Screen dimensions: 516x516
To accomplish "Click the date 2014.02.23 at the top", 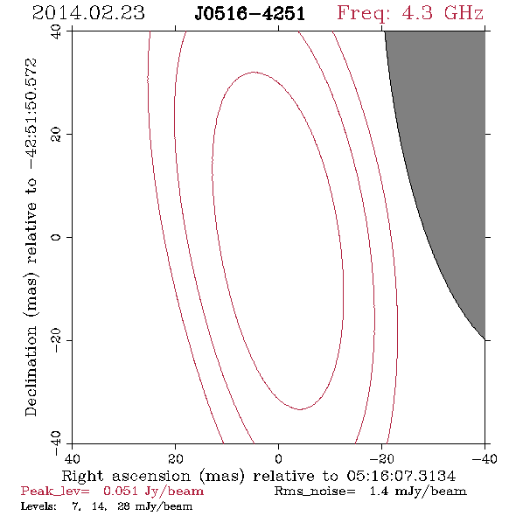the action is point(88,13).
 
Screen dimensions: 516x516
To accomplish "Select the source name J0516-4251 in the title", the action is point(250,14).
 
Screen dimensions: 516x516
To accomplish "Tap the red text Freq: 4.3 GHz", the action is point(410,14).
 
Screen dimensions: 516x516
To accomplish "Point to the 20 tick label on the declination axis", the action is point(56,135).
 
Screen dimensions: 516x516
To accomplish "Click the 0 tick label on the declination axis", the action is point(56,237).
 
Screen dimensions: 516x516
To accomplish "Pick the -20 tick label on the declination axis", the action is point(56,340).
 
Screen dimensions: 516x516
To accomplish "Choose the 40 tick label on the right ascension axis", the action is point(72,458).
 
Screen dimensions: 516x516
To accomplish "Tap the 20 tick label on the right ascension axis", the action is point(176,458).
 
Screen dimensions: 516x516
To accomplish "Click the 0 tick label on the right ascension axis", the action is point(279,458).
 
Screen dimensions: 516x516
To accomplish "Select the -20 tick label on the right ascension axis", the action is point(381,458).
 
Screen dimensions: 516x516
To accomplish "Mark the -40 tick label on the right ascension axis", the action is point(485,458).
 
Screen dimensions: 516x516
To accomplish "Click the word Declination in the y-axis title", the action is point(31,371).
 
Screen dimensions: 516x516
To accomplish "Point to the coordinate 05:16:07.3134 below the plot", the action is point(401,476).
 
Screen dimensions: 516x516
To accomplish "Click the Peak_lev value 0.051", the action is point(120,491).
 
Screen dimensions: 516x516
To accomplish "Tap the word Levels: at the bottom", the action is point(38,506).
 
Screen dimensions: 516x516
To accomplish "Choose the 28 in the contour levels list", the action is point(123,506).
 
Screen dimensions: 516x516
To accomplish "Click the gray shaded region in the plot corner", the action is point(454,132).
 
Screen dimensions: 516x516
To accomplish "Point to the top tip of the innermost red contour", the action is point(254,72).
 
